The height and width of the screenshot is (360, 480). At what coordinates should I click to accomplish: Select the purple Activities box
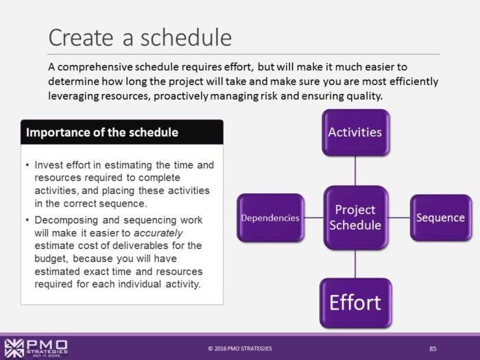355,131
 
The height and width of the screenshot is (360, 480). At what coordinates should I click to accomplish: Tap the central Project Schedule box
355,217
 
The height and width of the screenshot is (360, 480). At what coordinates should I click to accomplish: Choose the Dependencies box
269,218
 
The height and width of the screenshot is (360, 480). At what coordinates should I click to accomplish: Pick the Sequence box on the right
440,218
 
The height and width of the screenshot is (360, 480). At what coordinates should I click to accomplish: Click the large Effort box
355,302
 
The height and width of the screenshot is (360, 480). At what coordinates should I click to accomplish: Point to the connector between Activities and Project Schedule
355,171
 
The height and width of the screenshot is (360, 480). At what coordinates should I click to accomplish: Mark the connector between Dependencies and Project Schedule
313,218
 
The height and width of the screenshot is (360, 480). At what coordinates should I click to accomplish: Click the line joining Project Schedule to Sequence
399,218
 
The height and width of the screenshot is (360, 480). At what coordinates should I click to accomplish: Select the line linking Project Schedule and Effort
355,264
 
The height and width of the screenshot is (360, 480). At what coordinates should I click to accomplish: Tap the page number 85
433,348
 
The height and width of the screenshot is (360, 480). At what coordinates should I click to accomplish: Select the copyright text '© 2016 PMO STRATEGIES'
240,348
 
